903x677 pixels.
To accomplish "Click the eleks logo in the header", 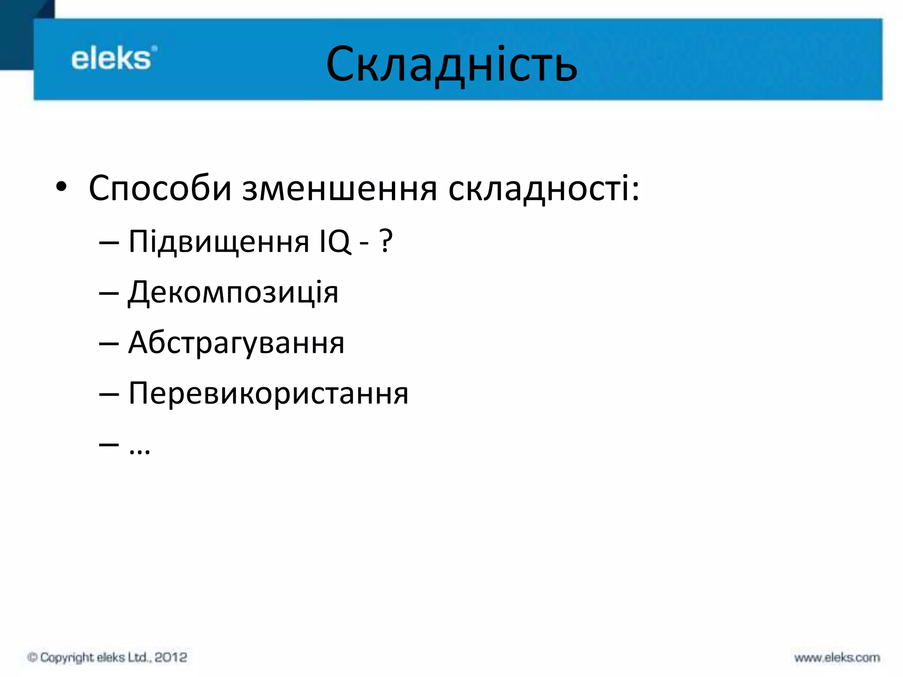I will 114,59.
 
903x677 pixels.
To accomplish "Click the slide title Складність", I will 451,64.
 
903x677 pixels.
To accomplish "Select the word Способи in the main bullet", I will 160,189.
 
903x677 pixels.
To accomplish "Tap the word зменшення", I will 340,189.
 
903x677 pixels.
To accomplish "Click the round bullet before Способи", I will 61,188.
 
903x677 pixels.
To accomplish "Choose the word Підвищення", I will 219,242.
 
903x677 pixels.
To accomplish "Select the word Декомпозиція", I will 233,293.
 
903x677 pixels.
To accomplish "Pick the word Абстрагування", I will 236,343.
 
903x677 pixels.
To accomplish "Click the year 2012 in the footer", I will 171,657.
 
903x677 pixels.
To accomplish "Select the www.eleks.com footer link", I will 837,658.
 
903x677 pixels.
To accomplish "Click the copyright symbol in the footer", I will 32,657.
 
